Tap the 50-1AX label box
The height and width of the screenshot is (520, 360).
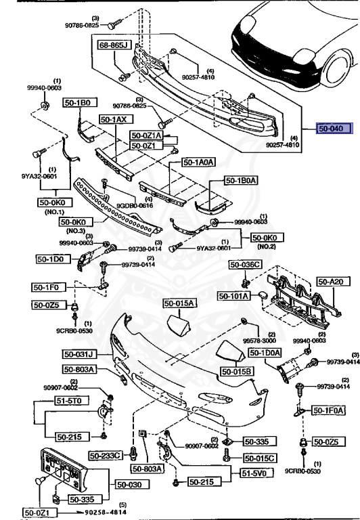click(114, 119)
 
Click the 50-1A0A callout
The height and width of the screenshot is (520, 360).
click(198, 162)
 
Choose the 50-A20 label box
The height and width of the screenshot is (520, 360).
click(334, 281)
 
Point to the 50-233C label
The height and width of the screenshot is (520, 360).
click(108, 456)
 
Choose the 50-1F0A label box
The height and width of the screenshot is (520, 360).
click(328, 410)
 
